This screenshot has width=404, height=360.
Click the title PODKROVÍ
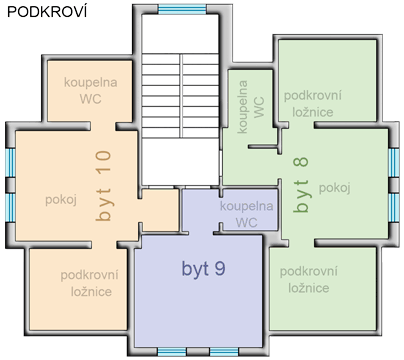pos(47,12)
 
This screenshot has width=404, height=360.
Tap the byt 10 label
pos(103,186)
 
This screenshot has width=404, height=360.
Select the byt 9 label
pos(203,269)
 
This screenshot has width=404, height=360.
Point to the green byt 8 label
pos(301,185)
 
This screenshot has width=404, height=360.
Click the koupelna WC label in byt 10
pos(91,90)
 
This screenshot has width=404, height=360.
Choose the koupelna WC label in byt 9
pos(247,214)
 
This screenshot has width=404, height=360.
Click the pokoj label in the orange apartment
pos(61,200)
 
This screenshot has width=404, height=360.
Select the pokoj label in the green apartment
pos(335,188)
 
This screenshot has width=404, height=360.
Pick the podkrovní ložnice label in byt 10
pos(90,283)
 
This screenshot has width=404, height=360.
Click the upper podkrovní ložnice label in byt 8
pos(313,104)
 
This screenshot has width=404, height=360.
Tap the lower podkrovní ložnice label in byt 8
pos(309,279)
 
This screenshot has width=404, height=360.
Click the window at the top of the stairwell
pos(182,9)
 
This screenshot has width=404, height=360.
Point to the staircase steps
pos(180,96)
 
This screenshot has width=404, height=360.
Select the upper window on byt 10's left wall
pos(11,162)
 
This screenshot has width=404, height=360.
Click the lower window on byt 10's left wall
pos(11,208)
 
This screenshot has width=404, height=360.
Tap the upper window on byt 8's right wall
pos(394,162)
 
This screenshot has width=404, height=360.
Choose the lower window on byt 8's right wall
pos(394,208)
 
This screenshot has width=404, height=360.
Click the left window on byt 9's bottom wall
pos(172,352)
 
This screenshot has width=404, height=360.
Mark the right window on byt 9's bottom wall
pos(224,352)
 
